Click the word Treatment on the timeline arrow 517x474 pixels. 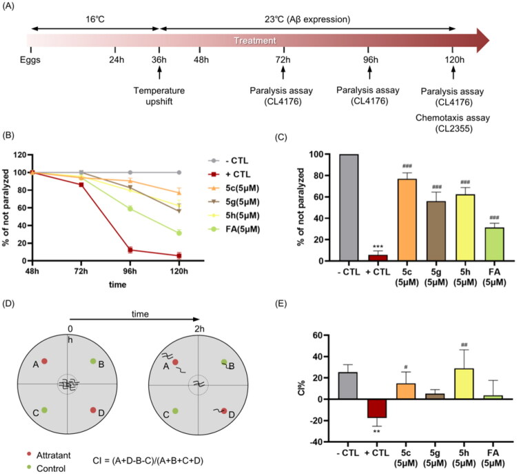click(254, 41)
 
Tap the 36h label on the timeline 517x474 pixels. click(159, 60)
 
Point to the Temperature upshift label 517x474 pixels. click(159, 96)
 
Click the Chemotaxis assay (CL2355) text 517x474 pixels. click(453, 123)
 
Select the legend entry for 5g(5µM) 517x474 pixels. click(234, 201)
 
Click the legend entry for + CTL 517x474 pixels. click(229, 175)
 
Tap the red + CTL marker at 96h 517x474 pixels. click(130, 250)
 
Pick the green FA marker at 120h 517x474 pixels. click(179, 233)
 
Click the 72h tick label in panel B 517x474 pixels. click(81, 271)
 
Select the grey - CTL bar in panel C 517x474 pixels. click(349, 208)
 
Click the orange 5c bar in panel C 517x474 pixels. click(407, 220)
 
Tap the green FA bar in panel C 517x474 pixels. click(494, 244)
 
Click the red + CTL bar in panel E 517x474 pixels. click(377, 408)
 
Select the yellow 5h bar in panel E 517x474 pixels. click(464, 384)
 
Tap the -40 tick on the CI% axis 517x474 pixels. click(318, 442)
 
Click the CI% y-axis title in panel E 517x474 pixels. click(301, 388)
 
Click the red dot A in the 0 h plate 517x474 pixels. click(44, 361)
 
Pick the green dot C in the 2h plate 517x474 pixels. click(175, 411)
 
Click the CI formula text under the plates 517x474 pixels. click(148, 460)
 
